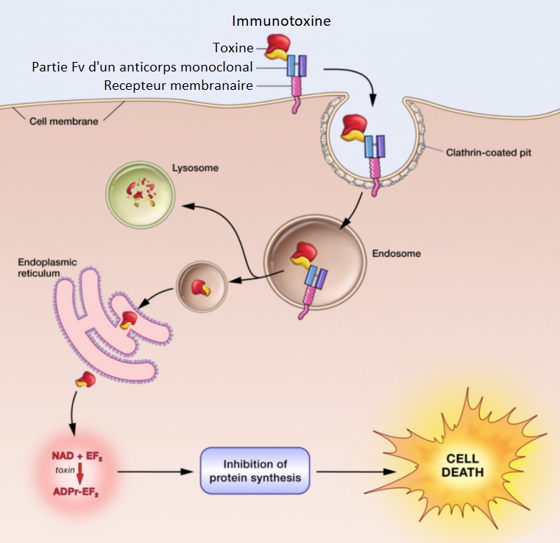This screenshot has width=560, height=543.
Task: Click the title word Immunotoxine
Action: coord(281,21)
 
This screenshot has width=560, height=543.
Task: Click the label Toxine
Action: coord(233,48)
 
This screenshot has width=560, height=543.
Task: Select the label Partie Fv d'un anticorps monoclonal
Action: coord(142,67)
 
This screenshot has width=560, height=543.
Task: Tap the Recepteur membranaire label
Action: coord(178,85)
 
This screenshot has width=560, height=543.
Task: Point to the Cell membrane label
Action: coord(63,121)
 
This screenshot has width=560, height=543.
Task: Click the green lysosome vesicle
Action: coord(141,194)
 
